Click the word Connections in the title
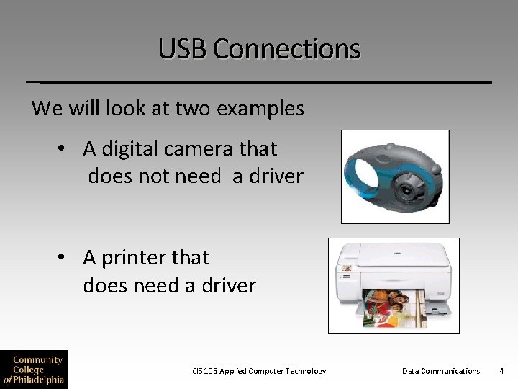tap(286, 49)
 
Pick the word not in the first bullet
tap(163, 176)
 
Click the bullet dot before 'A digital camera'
tap(63, 149)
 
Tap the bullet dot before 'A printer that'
tap(63, 257)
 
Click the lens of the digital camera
tap(410, 189)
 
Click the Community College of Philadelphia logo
tap(34, 369)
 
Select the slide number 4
tap(501, 371)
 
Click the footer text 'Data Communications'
tap(440, 371)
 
